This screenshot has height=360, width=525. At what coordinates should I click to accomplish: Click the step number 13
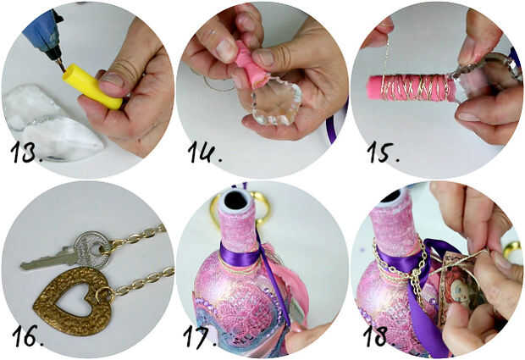coord(27,152)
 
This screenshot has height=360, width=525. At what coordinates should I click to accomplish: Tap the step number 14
coord(205,152)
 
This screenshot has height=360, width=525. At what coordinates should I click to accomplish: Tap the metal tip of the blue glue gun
coord(62,65)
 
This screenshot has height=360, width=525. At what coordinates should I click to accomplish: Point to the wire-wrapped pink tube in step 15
coord(412,88)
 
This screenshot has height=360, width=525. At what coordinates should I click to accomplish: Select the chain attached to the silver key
coord(138,238)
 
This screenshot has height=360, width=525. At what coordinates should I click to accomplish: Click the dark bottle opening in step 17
coord(235,200)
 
